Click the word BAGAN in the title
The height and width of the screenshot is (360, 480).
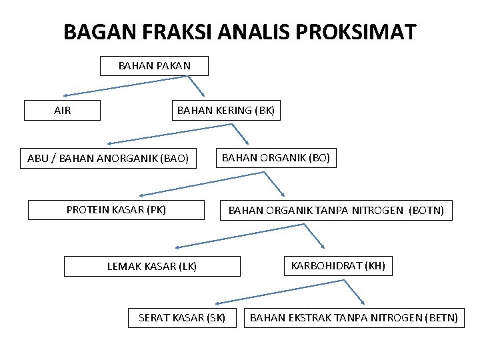92,31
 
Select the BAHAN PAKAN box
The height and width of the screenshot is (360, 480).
154,66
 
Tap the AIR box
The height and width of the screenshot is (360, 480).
62,111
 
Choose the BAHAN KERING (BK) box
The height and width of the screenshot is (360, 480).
225,111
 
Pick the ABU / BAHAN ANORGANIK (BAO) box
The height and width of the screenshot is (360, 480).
108,159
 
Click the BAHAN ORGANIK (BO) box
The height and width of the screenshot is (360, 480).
275,158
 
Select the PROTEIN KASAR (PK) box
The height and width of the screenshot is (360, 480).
116,210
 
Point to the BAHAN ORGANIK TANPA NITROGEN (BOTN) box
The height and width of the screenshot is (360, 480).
336,211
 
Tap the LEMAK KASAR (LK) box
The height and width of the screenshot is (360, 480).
152,267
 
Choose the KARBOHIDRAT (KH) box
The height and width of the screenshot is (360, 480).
338,266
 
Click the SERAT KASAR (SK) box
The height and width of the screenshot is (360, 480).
182,318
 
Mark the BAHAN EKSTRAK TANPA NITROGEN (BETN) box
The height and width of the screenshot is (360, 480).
353,318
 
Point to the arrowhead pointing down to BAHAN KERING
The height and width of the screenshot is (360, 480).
203,93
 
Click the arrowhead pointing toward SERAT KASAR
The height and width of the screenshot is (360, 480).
219,303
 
